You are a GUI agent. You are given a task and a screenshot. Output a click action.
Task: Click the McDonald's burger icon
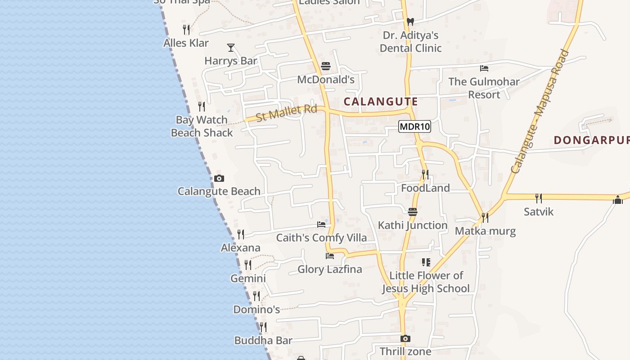[326, 67]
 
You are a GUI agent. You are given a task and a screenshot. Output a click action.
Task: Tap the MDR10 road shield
[414, 127]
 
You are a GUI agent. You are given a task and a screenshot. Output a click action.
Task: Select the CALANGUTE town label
[381, 102]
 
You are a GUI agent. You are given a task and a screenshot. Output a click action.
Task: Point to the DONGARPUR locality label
[591, 140]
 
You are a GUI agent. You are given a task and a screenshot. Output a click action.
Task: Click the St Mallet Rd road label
[286, 112]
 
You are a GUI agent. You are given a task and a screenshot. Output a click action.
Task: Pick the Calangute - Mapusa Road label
[540, 112]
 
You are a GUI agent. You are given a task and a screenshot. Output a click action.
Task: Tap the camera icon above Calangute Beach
[219, 178]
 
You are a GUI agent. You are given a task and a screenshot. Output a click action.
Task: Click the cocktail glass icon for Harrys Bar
[231, 47]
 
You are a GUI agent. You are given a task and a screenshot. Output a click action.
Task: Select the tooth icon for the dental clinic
[410, 22]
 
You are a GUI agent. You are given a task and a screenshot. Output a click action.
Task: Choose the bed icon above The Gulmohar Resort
[484, 68]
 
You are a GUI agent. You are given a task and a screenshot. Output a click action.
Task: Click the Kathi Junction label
[413, 225]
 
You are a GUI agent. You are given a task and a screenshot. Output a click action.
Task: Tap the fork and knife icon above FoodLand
[425, 174]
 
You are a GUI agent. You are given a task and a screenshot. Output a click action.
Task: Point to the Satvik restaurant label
[539, 211]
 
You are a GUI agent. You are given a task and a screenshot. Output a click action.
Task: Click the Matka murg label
[485, 231]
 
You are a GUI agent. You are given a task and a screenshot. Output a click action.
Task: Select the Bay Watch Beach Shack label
[202, 126]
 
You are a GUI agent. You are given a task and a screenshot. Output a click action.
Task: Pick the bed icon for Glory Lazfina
[330, 256]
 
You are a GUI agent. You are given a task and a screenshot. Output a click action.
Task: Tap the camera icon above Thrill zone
[405, 338]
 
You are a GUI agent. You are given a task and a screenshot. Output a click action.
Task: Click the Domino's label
[256, 310]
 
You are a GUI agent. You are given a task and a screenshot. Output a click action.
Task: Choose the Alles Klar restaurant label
[186, 43]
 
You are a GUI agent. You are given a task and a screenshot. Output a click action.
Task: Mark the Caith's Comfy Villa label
[321, 238]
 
